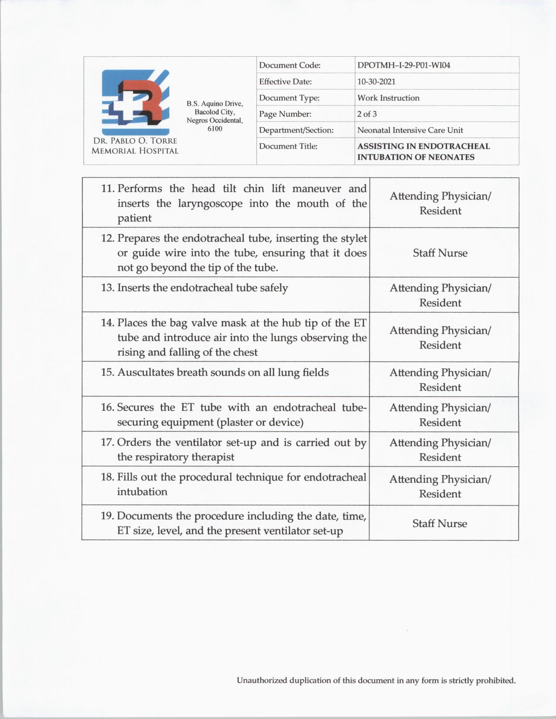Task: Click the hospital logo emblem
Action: (x=135, y=102)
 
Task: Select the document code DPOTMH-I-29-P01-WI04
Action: (x=403, y=65)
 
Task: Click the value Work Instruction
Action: (x=388, y=98)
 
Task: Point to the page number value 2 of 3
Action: (x=367, y=114)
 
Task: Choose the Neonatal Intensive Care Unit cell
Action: (x=410, y=130)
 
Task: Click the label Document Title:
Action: (x=288, y=146)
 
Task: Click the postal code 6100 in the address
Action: (x=215, y=129)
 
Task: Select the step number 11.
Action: (x=108, y=189)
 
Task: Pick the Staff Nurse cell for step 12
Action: (x=440, y=253)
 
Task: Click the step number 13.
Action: (x=108, y=288)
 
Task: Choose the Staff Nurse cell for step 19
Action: (x=440, y=524)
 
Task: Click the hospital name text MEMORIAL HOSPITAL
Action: (x=135, y=151)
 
